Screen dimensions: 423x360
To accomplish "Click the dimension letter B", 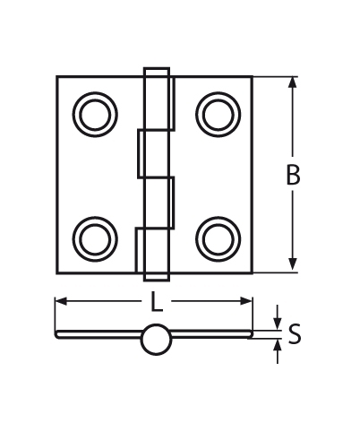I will pyautogui.click(x=293, y=176).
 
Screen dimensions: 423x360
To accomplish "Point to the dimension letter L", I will pyautogui.click(x=156, y=303).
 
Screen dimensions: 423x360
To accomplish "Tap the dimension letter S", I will pyautogui.click(x=295, y=336).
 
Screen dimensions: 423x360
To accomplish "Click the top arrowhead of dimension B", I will pyautogui.click(x=293, y=82).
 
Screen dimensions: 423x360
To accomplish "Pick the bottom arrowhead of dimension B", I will pyautogui.click(x=293, y=266).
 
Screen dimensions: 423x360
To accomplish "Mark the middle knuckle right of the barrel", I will pyautogui.click(x=167, y=201).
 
